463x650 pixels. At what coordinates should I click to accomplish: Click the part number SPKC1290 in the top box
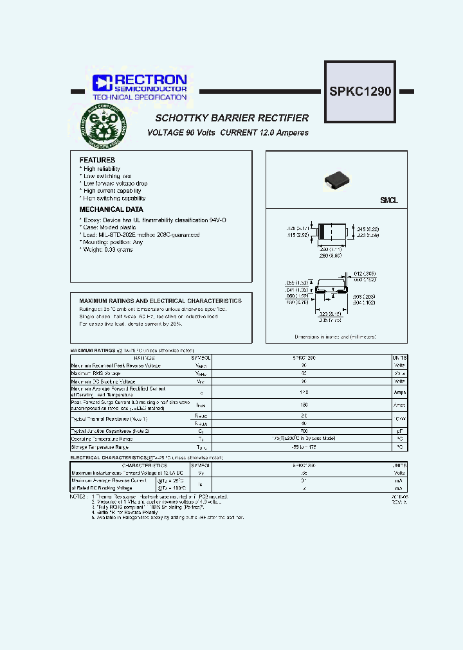(360, 91)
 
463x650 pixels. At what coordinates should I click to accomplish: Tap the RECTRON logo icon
(102, 82)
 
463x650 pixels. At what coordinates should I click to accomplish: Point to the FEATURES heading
(97, 160)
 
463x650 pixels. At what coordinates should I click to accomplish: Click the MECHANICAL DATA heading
(111, 209)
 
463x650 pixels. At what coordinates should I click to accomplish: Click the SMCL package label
(388, 201)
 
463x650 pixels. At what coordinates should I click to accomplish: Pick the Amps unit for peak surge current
(399, 405)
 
